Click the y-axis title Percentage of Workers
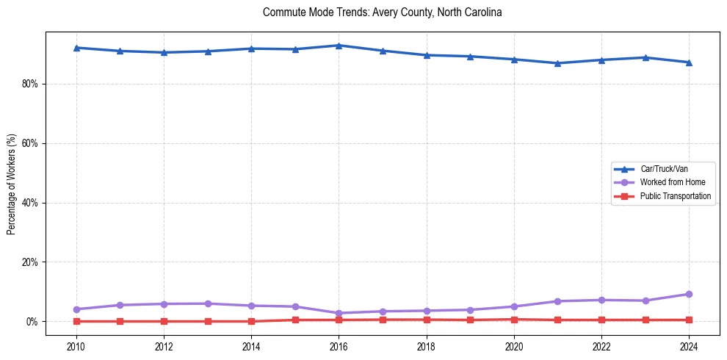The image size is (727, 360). pos(12,183)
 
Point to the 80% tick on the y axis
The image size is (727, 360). pos(31,84)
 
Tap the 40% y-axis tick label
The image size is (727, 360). pos(31,203)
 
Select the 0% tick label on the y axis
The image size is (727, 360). pos(33,322)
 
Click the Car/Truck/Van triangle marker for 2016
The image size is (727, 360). pos(339,46)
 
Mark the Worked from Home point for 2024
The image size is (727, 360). pos(689,295)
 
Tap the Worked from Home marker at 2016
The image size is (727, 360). pos(339,313)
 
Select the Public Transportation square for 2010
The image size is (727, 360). pos(76,321)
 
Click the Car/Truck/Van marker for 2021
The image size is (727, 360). pos(557,63)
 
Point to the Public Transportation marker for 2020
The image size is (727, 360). pos(514,320)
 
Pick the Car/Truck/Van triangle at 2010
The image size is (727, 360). pos(76,48)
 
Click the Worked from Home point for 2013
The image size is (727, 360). pos(208,303)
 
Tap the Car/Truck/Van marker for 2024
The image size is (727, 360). pos(689,62)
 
